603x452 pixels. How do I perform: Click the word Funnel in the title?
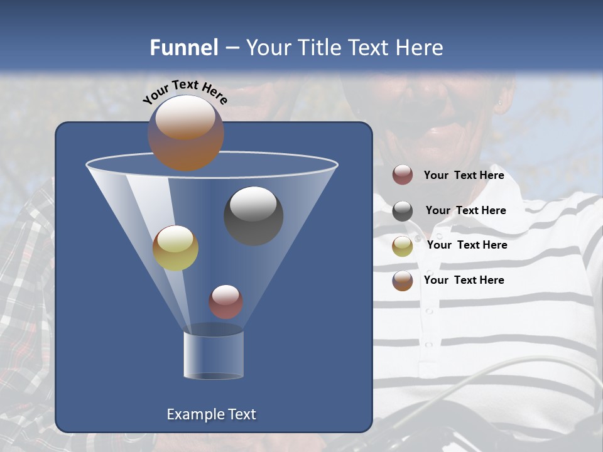[x=184, y=48]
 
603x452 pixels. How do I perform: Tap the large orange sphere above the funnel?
[x=186, y=133]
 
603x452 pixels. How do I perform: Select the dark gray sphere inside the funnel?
[x=254, y=216]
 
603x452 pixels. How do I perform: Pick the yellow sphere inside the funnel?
[x=175, y=248]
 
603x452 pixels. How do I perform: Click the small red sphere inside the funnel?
[x=225, y=302]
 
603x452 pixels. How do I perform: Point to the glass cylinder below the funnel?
[x=214, y=355]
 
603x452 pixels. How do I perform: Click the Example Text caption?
[x=211, y=414]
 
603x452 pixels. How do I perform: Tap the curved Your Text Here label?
[x=185, y=92]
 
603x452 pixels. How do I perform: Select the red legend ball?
[x=403, y=175]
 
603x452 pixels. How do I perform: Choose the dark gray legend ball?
[x=403, y=211]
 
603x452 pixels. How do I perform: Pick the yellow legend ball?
[x=403, y=245]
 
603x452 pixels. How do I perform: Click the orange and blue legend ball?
[x=403, y=281]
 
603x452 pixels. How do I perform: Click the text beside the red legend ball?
[x=464, y=176]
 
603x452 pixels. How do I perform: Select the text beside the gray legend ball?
[x=465, y=211]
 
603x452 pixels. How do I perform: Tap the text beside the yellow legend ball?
[x=467, y=245]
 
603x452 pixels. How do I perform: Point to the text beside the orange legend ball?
[x=464, y=281]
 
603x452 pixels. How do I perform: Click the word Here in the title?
[x=421, y=48]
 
